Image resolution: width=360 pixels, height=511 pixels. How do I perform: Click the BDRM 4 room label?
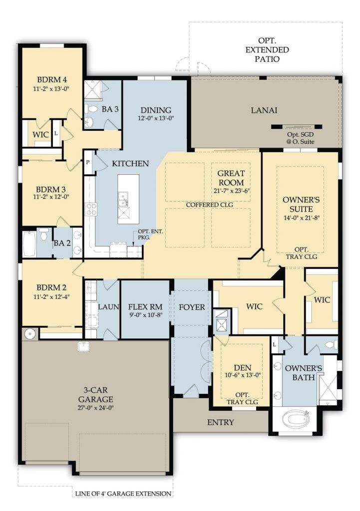pyautogui.click(x=52, y=79)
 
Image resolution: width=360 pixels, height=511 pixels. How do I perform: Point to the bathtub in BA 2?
pyautogui.click(x=29, y=244)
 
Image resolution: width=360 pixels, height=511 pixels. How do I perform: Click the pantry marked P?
pyautogui.click(x=88, y=162)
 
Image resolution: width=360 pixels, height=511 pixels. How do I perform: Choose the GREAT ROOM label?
pyautogui.click(x=231, y=178)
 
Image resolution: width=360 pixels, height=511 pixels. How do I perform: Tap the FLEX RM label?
pyautogui.click(x=145, y=307)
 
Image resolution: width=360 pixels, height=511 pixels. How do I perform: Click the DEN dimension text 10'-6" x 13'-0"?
pyautogui.click(x=243, y=375)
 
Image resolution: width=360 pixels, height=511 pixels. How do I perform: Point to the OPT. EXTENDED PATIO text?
pyautogui.click(x=267, y=50)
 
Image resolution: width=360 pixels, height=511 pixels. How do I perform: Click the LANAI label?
pyautogui.click(x=264, y=110)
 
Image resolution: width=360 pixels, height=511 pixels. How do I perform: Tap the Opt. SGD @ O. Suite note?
pyautogui.click(x=300, y=138)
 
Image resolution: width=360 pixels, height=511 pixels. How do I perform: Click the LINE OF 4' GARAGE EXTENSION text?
pyautogui.click(x=123, y=494)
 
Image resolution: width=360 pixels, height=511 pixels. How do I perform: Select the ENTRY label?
pyautogui.click(x=220, y=422)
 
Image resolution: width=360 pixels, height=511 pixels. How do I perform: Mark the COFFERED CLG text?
pyautogui.click(x=209, y=205)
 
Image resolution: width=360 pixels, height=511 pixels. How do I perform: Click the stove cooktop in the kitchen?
pyautogui.click(x=91, y=209)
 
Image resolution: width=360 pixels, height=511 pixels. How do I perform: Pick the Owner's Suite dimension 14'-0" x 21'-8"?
pyautogui.click(x=301, y=218)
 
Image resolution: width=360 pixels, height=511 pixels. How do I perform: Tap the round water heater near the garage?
pyautogui.click(x=30, y=334)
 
